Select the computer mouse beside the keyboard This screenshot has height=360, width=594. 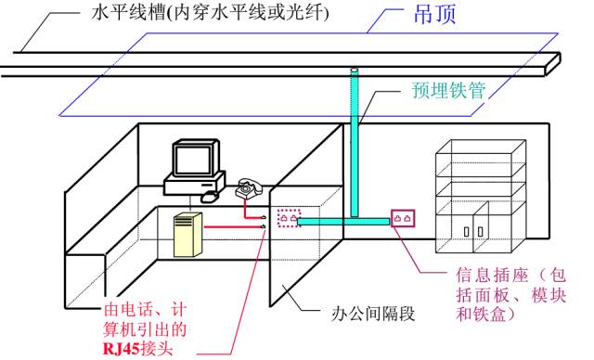coord(211,196)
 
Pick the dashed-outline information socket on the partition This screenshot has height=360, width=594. coord(290,219)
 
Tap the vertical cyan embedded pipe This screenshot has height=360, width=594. coord(355,139)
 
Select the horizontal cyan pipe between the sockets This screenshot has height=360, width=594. coord(348,222)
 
